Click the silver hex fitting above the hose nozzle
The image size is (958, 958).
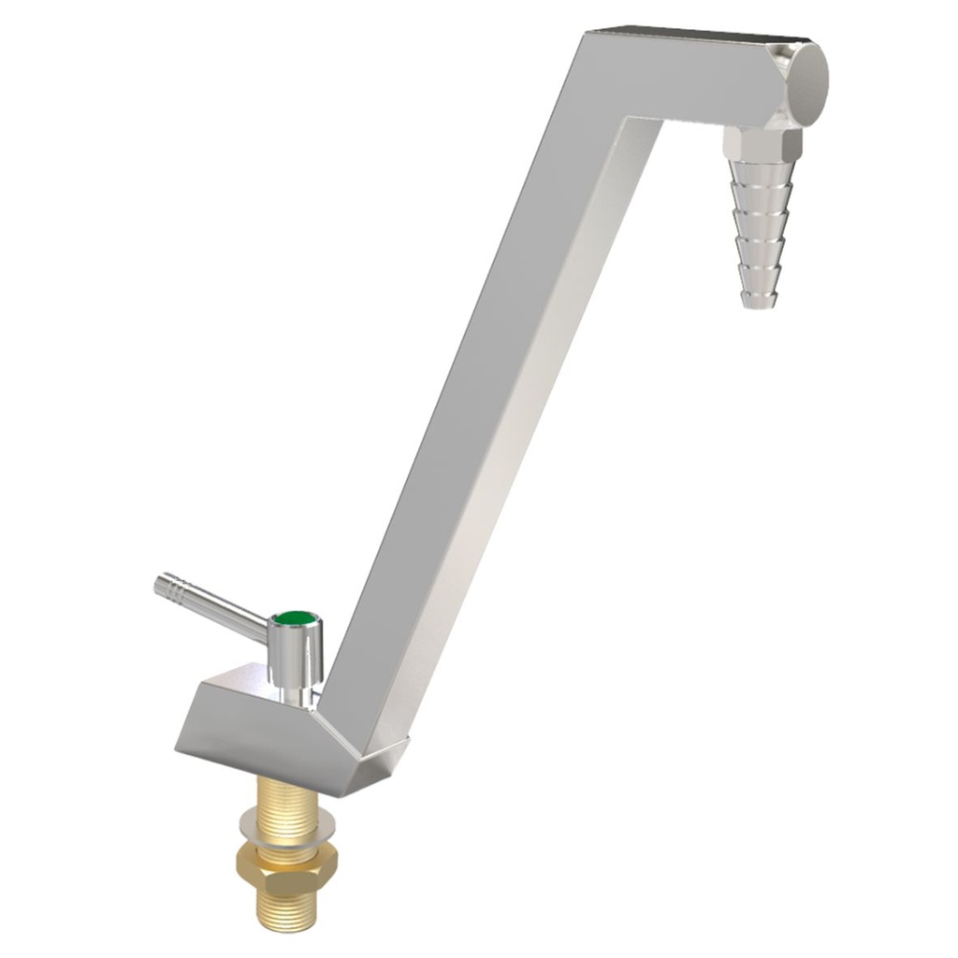(x=763, y=142)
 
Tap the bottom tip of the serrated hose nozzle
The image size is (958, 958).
(x=760, y=300)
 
